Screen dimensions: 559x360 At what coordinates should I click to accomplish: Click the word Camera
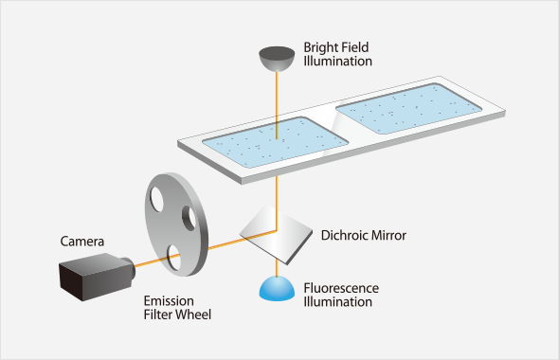tap(82, 242)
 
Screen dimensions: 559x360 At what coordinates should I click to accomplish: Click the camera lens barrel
tap(129, 267)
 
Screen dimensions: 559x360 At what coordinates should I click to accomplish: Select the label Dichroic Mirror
tap(363, 236)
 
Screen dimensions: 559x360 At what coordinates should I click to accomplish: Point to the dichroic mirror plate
tap(276, 235)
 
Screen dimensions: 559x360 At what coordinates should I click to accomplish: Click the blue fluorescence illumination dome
tap(277, 289)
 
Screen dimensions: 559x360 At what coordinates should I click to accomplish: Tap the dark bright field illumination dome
tap(277, 59)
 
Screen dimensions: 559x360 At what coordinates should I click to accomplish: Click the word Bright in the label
tap(320, 47)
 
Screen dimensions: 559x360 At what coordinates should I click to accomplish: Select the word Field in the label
tap(354, 47)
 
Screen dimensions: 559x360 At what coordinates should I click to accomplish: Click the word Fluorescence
tap(341, 288)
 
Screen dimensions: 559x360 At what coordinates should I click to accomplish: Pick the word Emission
tap(169, 301)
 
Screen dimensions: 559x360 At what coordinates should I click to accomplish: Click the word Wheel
tap(194, 315)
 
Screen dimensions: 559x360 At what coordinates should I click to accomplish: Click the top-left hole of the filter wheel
tap(156, 199)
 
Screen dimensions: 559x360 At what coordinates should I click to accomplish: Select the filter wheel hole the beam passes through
tap(173, 258)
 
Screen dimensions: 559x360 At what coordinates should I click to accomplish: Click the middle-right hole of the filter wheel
tap(189, 218)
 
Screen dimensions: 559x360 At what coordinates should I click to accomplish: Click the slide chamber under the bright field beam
tap(275, 142)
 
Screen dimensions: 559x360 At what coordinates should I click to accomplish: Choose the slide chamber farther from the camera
tap(409, 109)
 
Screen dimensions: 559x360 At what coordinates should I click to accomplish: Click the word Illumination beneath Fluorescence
tap(337, 302)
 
